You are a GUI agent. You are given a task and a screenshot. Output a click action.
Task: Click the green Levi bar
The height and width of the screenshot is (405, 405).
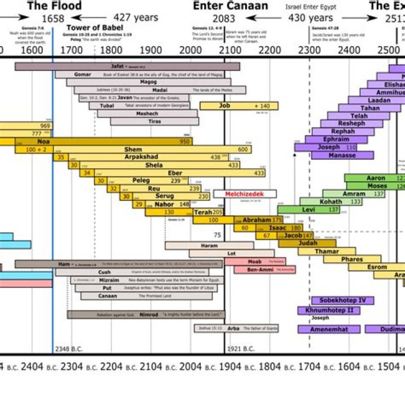tap(308, 210)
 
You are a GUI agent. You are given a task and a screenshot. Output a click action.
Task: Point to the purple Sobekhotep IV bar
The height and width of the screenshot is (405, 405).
tap(343, 300)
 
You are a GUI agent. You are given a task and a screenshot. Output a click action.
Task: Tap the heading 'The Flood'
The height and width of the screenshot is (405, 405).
tap(54, 6)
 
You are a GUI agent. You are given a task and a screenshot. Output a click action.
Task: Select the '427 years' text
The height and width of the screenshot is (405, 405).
tap(136, 17)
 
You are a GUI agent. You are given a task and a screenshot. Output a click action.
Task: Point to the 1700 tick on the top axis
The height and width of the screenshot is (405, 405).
tap(70, 49)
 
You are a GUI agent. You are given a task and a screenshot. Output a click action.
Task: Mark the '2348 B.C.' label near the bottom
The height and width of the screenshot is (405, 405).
tap(69, 349)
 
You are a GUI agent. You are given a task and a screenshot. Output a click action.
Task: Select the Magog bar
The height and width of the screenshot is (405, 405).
tap(156, 82)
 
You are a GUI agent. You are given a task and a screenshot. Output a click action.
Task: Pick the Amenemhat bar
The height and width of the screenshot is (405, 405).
tap(334, 328)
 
